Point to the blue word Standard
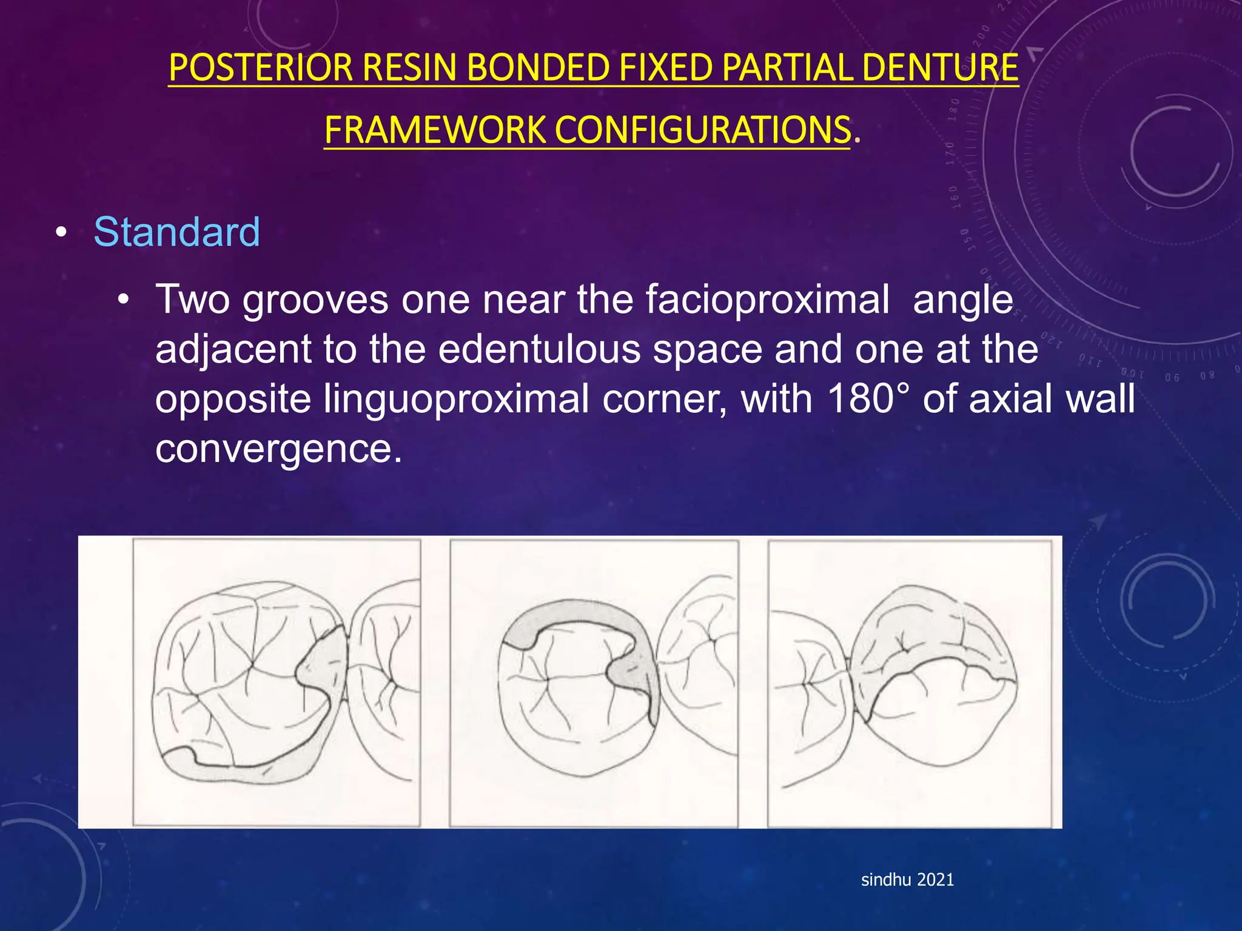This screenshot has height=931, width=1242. point(176,232)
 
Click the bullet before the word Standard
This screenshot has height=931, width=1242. point(61,233)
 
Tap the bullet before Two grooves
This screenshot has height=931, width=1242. point(124,299)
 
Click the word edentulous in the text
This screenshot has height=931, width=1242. point(540,349)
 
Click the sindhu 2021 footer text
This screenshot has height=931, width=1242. point(907,879)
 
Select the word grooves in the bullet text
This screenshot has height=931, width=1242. point(315,299)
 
